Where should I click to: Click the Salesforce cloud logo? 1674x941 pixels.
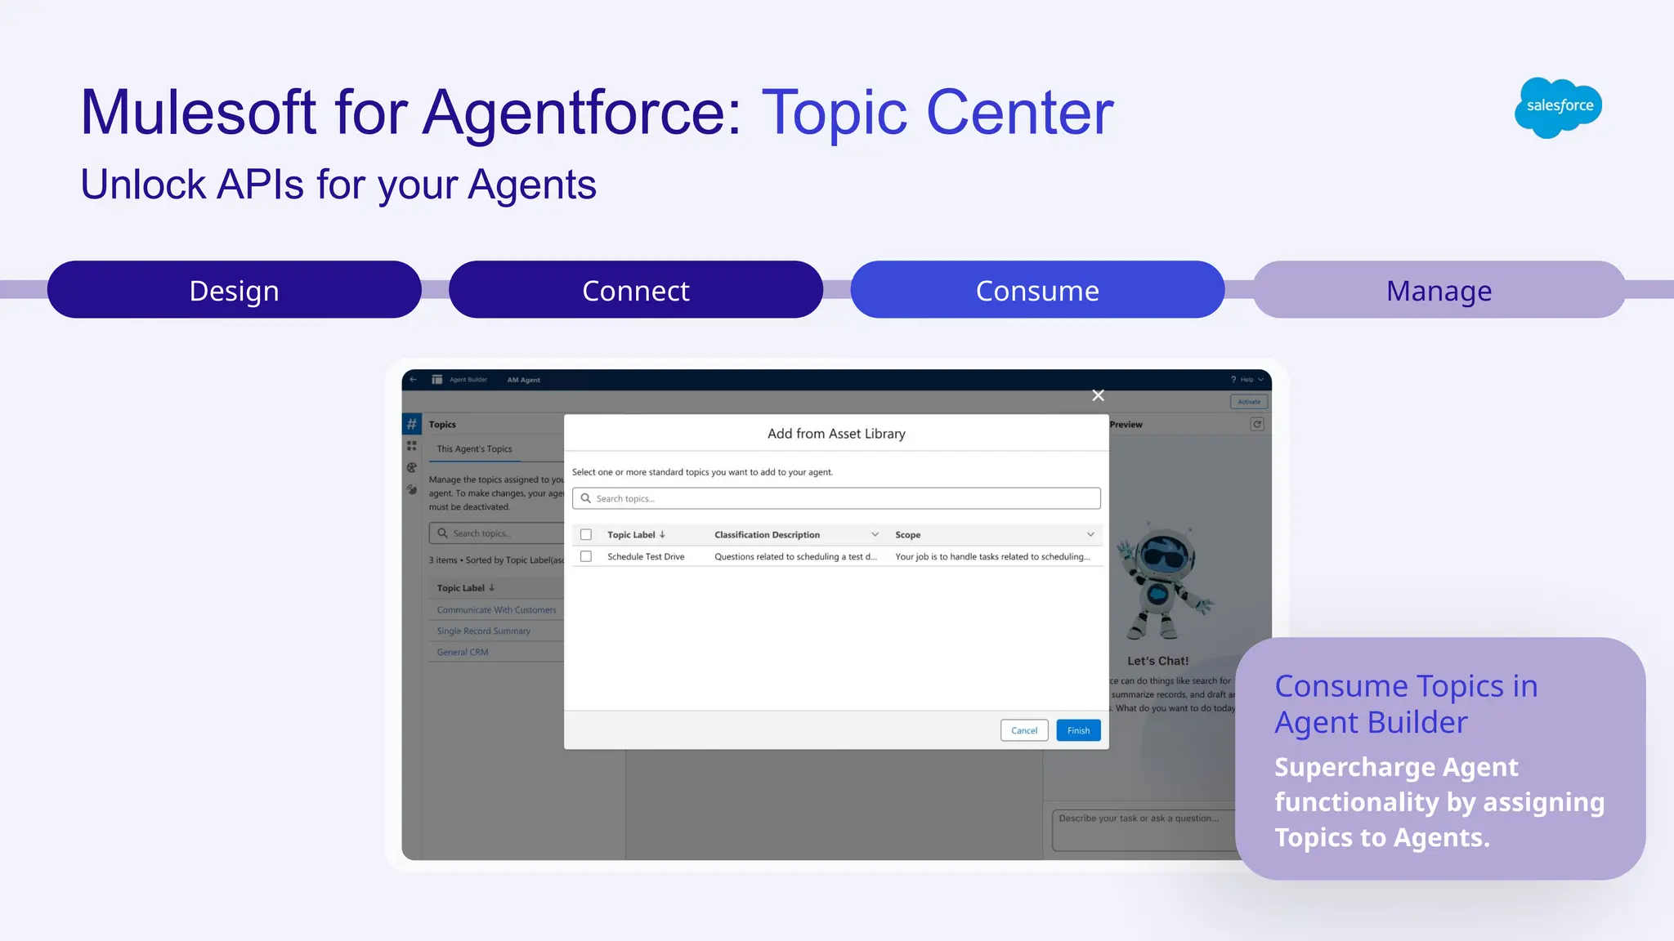coord(1558,107)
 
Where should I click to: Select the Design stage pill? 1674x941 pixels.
coord(235,290)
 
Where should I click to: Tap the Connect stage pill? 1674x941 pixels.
coord(635,290)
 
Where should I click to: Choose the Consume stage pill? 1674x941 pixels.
coord(1037,290)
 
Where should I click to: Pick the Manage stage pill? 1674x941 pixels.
coord(1439,290)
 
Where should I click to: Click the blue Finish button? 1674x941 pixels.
coord(1078,730)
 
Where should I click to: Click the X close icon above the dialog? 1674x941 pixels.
coord(1098,395)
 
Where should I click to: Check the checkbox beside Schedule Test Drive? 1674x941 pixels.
coord(586,556)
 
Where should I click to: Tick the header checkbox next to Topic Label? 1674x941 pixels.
coord(586,534)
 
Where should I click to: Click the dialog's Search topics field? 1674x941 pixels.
coord(836,498)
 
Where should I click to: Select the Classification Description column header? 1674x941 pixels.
coord(767,534)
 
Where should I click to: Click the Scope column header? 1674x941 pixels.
coord(907,534)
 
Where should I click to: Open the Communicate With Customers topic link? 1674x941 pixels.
coord(496,609)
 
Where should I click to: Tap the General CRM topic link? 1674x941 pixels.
coord(463,652)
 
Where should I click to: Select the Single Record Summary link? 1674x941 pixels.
coord(483,631)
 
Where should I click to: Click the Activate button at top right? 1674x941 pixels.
coord(1248,401)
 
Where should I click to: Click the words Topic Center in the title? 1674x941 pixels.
coord(938,112)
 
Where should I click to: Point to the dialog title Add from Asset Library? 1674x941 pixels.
coord(836,434)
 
